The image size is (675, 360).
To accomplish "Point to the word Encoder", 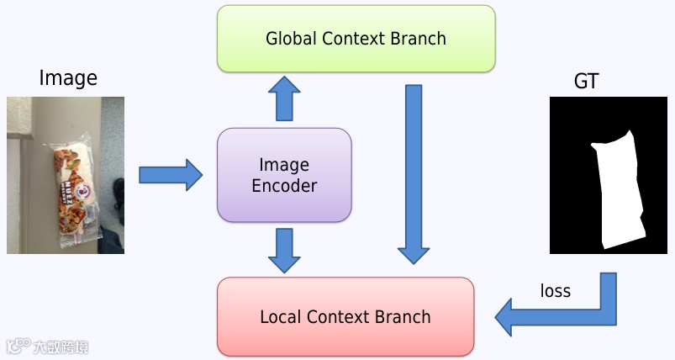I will pyautogui.click(x=284, y=186).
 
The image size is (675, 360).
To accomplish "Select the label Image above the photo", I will pyautogui.click(x=68, y=79).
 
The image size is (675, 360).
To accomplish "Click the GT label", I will pyautogui.click(x=586, y=81).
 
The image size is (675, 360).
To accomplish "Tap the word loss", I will pyautogui.click(x=555, y=291).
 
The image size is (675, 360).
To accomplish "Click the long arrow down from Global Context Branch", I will pyautogui.click(x=413, y=172).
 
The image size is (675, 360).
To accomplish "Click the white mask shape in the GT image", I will pyautogui.click(x=620, y=189).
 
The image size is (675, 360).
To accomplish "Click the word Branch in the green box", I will pyautogui.click(x=419, y=39).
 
